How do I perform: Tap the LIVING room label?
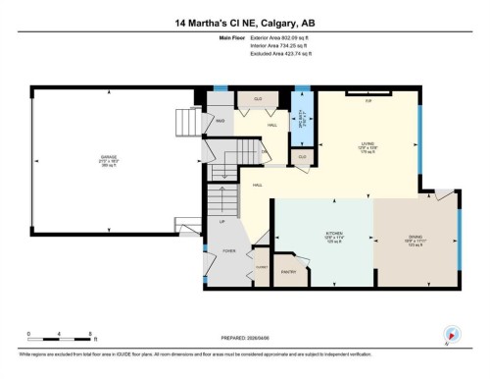(x=367, y=147)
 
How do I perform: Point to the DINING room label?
(x=416, y=237)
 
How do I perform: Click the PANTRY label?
(x=289, y=271)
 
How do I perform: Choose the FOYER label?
(x=228, y=251)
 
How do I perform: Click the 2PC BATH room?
(x=303, y=124)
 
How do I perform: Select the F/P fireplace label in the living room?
(x=369, y=101)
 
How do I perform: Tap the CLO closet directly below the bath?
(x=302, y=156)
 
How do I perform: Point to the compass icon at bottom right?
(x=452, y=334)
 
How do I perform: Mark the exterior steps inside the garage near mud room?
(x=186, y=124)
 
